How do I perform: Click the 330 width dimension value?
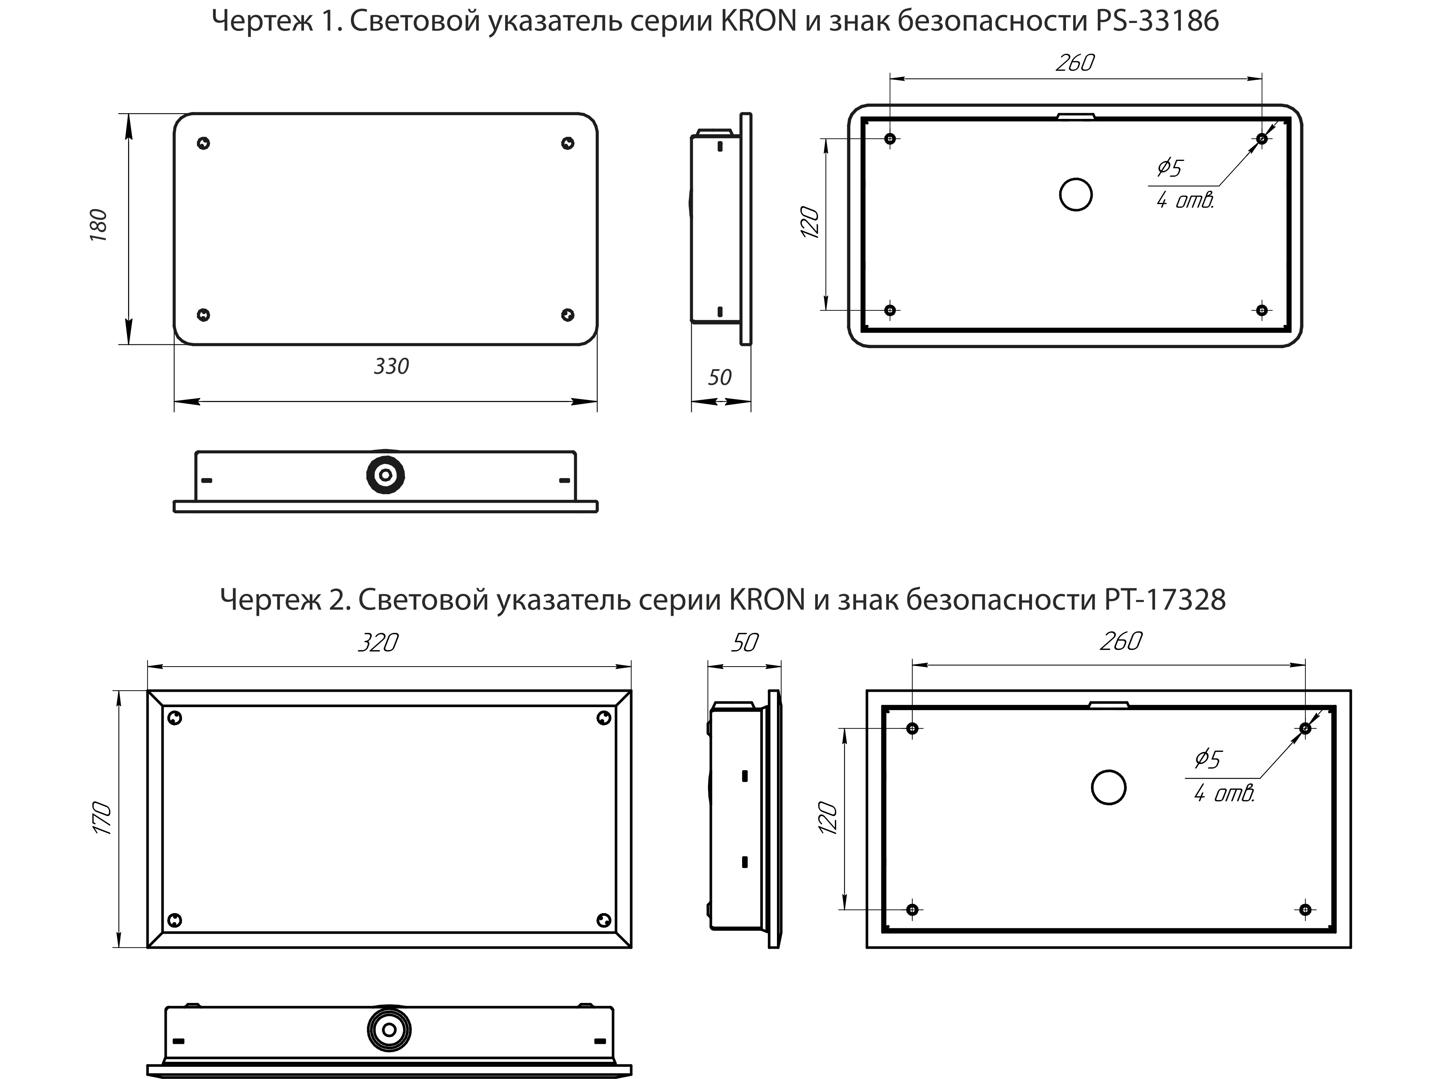point(392,367)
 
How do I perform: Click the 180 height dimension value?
point(98,226)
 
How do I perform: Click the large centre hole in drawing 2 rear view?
point(1108,788)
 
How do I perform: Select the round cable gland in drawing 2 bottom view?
point(389,1030)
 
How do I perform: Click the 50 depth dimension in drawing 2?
point(744,643)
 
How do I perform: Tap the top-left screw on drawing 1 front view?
point(203,143)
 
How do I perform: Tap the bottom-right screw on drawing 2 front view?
point(604,920)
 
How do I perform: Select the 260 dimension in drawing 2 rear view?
point(1121,641)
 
